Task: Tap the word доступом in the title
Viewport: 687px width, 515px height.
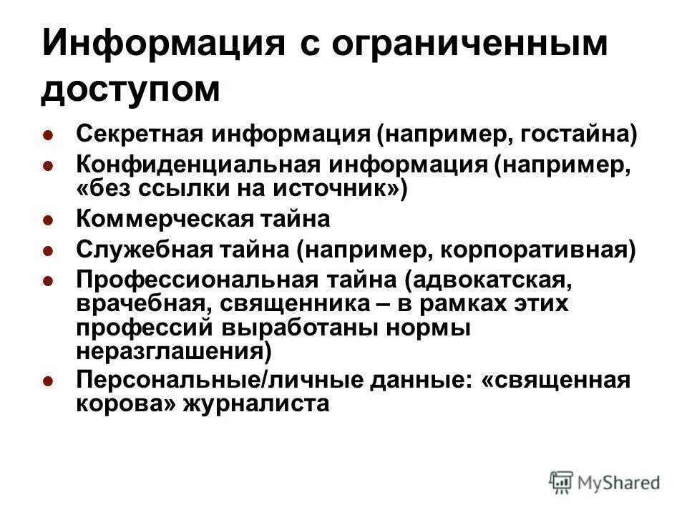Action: (x=131, y=92)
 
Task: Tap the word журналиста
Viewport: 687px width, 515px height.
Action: (x=267, y=404)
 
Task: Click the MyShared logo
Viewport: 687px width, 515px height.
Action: (x=605, y=482)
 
